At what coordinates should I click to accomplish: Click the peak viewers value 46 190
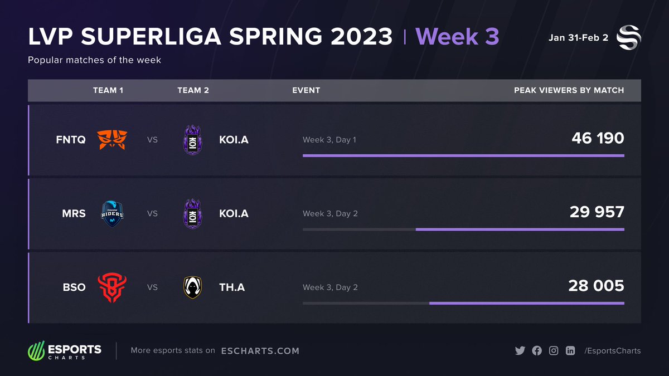coord(598,138)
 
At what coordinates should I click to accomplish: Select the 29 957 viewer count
coord(597,212)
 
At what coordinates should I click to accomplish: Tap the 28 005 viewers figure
coord(596,286)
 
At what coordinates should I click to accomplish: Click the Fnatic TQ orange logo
coord(112,139)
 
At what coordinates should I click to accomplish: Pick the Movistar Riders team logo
coord(112,213)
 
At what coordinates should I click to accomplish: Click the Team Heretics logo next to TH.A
coord(193,287)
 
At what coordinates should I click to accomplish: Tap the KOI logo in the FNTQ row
coord(193,139)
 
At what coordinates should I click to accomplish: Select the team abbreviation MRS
coord(74,213)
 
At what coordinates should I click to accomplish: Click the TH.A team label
coord(232,287)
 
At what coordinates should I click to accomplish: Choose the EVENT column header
coord(306,90)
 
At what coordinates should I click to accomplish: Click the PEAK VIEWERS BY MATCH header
coord(569,90)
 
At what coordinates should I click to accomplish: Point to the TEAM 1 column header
coord(108,90)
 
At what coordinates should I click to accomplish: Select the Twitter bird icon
coord(520,350)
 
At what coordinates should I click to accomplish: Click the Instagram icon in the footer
coord(554,350)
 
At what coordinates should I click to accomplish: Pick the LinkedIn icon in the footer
coord(570,350)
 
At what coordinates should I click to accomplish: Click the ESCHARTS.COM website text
coord(260,351)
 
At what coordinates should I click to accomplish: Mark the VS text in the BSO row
coord(152,287)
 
